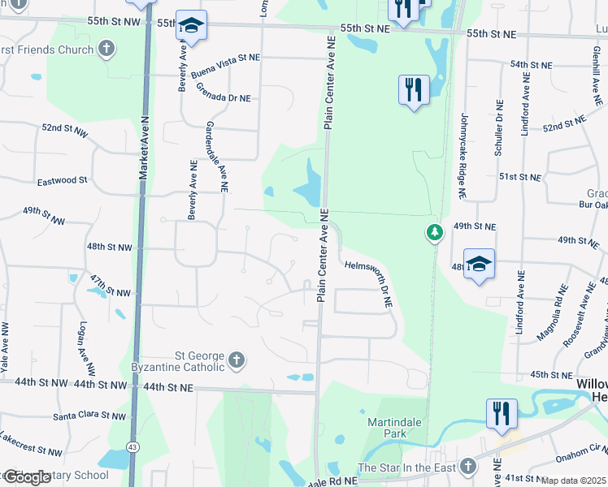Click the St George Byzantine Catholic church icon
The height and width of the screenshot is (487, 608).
pyautogui.click(x=237, y=360)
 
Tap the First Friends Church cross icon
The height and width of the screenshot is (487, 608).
pyautogui.click(x=105, y=50)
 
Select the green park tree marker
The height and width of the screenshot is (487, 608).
pyautogui.click(x=436, y=233)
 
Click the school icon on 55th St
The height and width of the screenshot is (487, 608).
pyautogui.click(x=191, y=26)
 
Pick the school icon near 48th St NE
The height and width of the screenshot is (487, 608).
pyautogui.click(x=480, y=265)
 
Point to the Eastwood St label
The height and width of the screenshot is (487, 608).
pyautogui.click(x=61, y=180)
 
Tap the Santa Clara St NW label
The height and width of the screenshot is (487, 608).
pyautogui.click(x=89, y=416)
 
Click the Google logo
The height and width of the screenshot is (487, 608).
pyautogui.click(x=27, y=476)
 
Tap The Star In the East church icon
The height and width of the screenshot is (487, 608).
pyautogui.click(x=467, y=466)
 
